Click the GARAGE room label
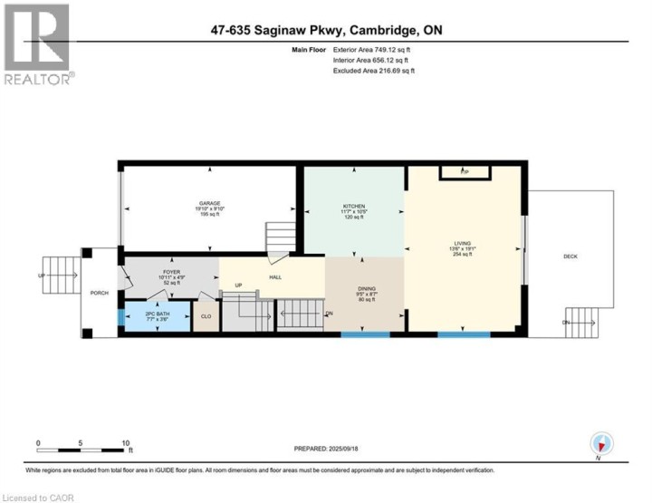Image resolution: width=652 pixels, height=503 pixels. pos(210,203)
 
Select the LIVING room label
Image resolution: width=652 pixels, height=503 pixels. pos(464,243)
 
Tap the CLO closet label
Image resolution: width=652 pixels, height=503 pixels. pos(206,316)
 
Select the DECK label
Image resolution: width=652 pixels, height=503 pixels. pos(570,256)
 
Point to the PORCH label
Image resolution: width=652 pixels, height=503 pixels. pos(98,293)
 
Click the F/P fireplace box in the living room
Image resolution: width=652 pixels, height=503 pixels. pos(465,171)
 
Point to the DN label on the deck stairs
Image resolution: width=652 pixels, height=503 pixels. pos(566,323)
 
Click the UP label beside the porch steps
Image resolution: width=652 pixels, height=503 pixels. pos(41,276)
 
